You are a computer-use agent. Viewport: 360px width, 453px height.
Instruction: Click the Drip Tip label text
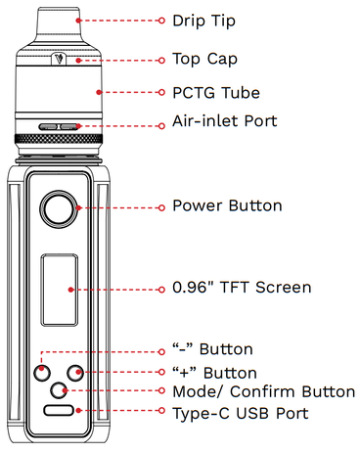tap(203, 22)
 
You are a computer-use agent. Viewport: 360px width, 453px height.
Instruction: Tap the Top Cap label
tap(204, 60)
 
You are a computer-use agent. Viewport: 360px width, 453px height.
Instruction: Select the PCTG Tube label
tap(216, 93)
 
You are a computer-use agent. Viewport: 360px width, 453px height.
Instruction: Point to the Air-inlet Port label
tap(225, 121)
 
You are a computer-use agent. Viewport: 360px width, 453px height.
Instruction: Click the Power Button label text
tap(227, 205)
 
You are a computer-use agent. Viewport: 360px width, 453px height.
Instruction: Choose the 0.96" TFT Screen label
tap(242, 288)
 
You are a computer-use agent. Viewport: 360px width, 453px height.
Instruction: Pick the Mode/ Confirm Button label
tap(264, 391)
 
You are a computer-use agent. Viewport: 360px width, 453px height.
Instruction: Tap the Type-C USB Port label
tap(241, 414)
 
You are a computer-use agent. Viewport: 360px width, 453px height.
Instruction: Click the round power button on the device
tap(59, 209)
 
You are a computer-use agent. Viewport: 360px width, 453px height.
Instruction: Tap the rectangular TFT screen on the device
tap(60, 290)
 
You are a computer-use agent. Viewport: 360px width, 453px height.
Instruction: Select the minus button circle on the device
tap(42, 373)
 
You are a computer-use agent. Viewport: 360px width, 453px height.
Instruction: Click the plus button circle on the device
tap(75, 373)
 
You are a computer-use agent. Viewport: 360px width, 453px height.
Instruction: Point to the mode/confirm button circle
tap(59, 390)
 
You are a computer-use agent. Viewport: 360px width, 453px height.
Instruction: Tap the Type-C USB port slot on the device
tap(59, 410)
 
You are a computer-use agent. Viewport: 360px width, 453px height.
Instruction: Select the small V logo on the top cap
tap(59, 59)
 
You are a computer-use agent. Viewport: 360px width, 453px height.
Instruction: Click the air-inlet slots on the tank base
tap(59, 126)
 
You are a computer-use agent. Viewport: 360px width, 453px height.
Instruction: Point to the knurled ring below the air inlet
tap(59, 139)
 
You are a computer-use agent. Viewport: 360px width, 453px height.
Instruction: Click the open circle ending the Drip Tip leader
tap(161, 21)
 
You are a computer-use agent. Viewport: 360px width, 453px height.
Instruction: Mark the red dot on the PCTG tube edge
tap(99, 92)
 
